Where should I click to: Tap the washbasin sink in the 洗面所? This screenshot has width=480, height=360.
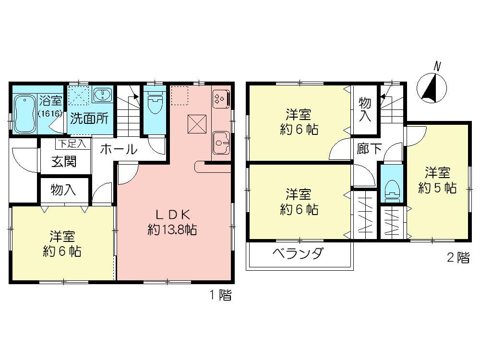click(102, 95)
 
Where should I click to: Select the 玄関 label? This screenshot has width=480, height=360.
click(64, 162)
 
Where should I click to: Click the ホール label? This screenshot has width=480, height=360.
click(118, 149)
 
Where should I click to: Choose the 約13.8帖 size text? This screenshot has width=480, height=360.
click(172, 229)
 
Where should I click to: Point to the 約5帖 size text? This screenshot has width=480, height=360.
click(437, 188)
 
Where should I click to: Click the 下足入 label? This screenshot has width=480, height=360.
click(71, 142)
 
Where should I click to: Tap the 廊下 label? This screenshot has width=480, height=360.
click(369, 148)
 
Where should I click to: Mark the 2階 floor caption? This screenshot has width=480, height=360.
click(458, 257)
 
